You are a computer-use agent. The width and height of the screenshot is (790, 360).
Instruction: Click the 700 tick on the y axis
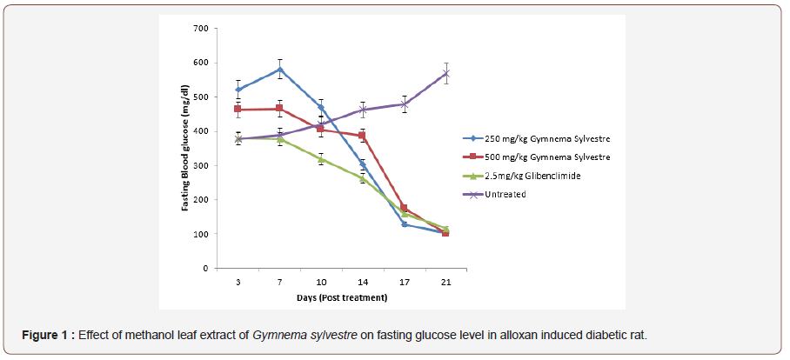200,29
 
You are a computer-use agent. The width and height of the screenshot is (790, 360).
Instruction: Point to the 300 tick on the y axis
200,166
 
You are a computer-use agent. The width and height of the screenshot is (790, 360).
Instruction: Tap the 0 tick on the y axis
205,269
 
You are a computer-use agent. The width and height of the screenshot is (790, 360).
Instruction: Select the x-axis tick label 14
363,281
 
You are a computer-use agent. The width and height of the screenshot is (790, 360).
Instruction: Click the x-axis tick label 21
445,281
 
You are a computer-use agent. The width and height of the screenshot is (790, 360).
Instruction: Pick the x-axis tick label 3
238,281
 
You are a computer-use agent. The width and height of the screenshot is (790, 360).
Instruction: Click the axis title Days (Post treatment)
341,297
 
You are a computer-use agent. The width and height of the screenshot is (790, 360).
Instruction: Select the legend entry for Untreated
505,194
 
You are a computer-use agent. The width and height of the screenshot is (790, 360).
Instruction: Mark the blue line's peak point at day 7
280,70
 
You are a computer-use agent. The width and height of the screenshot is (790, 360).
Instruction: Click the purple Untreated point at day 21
445,73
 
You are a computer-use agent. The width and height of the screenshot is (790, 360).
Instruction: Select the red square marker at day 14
363,136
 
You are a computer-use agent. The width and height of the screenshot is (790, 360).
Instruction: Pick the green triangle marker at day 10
321,159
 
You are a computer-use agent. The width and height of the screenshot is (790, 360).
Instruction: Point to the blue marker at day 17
405,224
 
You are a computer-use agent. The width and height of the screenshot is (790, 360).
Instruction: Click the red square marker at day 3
238,110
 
